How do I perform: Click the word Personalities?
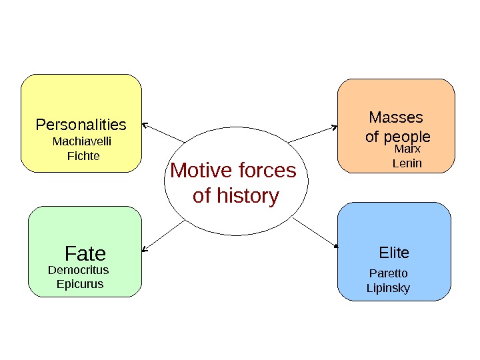(x=81, y=125)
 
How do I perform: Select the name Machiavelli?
(x=82, y=141)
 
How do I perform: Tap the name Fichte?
(x=83, y=156)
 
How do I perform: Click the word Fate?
(x=85, y=254)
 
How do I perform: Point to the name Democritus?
(x=79, y=271)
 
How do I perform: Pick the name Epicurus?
(x=80, y=284)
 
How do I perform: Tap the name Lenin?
(x=407, y=163)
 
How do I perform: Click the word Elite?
(x=394, y=253)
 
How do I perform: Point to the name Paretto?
(x=388, y=273)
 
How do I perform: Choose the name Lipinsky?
(x=388, y=288)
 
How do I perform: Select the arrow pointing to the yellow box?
(x=164, y=132)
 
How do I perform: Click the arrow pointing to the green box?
(x=163, y=236)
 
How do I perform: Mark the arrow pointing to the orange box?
(x=313, y=133)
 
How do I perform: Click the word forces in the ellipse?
(x=265, y=171)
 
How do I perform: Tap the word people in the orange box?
(x=407, y=137)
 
